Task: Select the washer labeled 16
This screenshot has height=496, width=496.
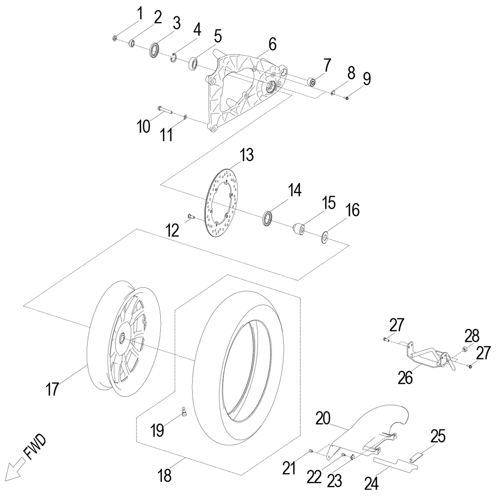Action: click(325, 237)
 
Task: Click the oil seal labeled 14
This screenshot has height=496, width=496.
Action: click(268, 217)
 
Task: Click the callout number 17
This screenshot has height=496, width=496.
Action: click(53, 388)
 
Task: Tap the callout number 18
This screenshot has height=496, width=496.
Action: click(165, 476)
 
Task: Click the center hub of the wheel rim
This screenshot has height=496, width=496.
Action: click(124, 336)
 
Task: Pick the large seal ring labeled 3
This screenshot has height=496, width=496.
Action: click(155, 50)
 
